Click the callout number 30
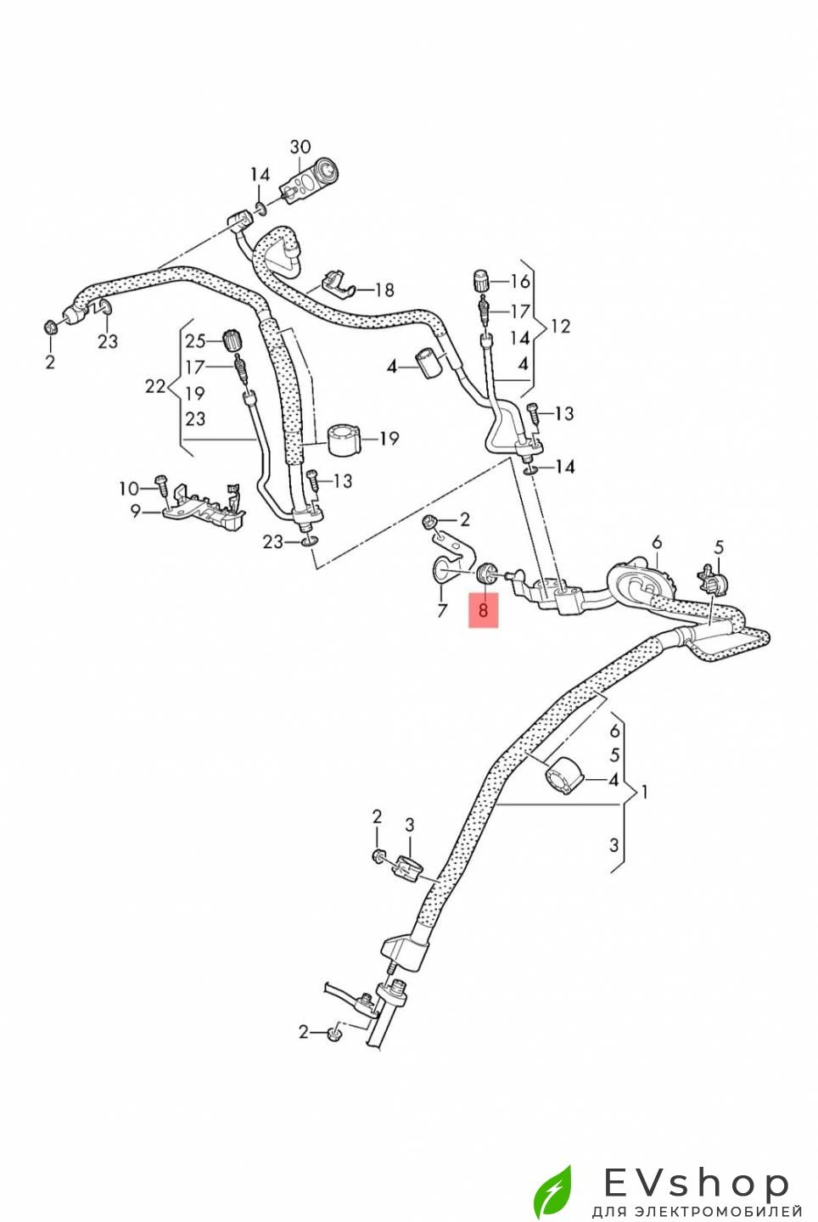click(300, 147)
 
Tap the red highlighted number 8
click(484, 610)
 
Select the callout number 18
click(384, 290)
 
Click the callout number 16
click(519, 281)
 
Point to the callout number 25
click(195, 341)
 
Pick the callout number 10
click(128, 488)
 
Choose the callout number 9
click(135, 511)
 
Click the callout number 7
click(441, 610)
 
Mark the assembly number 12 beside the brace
click(561, 326)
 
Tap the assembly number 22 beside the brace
click(154, 387)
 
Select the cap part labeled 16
click(483, 281)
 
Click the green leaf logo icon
click(552, 1191)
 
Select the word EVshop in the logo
click(696, 1183)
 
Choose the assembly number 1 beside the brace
click(645, 792)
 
